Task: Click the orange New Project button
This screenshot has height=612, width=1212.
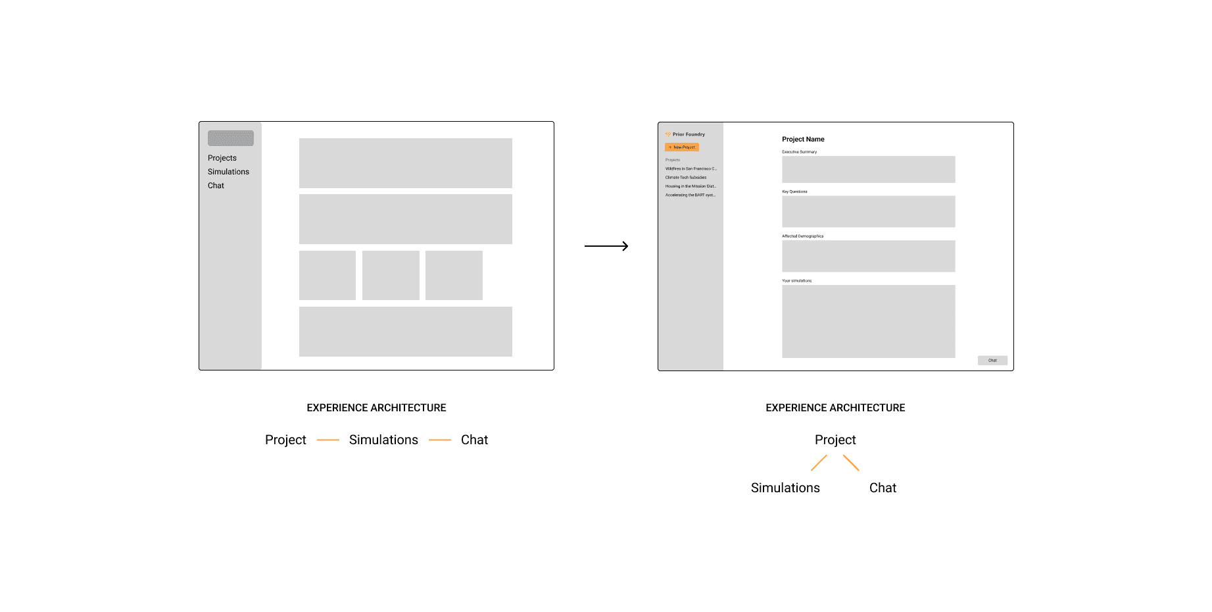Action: coord(681,147)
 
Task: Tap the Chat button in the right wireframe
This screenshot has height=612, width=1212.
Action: coord(992,361)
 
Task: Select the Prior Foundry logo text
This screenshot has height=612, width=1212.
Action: coord(688,134)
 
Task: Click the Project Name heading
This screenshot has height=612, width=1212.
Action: coord(803,140)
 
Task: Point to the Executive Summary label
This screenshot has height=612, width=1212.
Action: coord(799,152)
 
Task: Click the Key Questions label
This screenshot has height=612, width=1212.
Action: coord(794,191)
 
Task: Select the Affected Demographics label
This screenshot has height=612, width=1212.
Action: coord(802,236)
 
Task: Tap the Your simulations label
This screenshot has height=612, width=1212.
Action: coord(796,281)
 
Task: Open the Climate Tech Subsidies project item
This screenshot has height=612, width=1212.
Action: coord(686,178)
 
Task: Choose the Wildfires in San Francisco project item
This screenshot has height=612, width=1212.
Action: coord(691,169)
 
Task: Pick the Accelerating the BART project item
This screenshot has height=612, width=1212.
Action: coord(691,195)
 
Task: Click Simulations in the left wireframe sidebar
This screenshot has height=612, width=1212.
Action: coord(228,172)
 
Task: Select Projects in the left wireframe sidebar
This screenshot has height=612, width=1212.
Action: coord(222,158)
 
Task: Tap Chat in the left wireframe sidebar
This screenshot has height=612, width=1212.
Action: coord(216,186)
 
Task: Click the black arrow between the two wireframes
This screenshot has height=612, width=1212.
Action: coord(606,246)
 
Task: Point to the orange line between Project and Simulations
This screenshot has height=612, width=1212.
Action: coord(327,440)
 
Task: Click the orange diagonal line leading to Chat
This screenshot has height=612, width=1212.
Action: coord(851,463)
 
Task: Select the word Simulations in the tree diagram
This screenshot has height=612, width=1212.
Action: coord(785,488)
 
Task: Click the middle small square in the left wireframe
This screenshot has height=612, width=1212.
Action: coord(391,275)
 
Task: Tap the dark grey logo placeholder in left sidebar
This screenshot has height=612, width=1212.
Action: coord(231,138)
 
